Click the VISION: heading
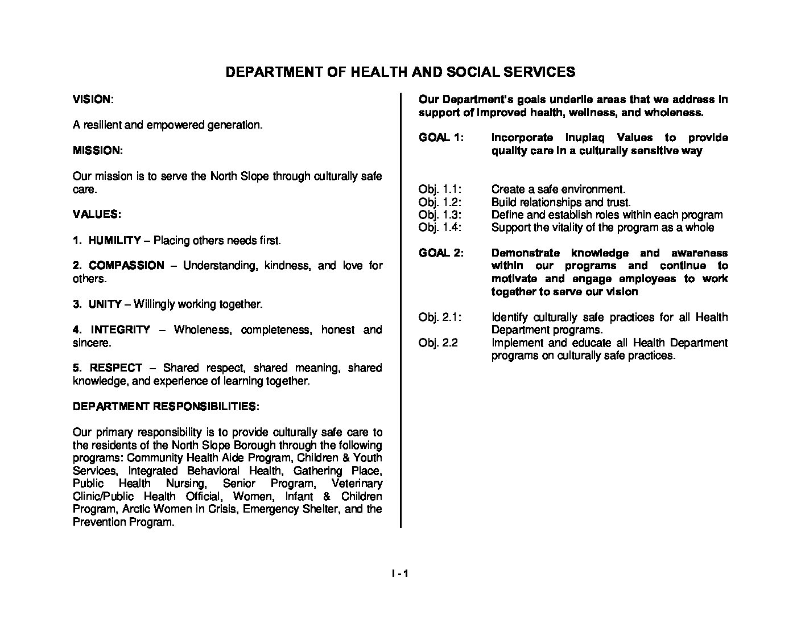click(93, 100)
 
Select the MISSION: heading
click(97, 151)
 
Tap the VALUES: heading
click(96, 214)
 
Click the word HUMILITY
click(114, 240)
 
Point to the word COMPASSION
click(126, 266)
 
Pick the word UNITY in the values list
click(105, 304)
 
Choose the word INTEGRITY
click(121, 330)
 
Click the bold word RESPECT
click(116, 368)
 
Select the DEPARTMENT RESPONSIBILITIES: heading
click(166, 407)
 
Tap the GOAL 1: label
click(441, 138)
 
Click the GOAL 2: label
click(441, 253)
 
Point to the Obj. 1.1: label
click(440, 189)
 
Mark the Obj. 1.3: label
click(440, 215)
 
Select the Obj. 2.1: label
click(440, 317)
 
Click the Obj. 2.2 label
click(438, 343)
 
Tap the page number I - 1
click(400, 573)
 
